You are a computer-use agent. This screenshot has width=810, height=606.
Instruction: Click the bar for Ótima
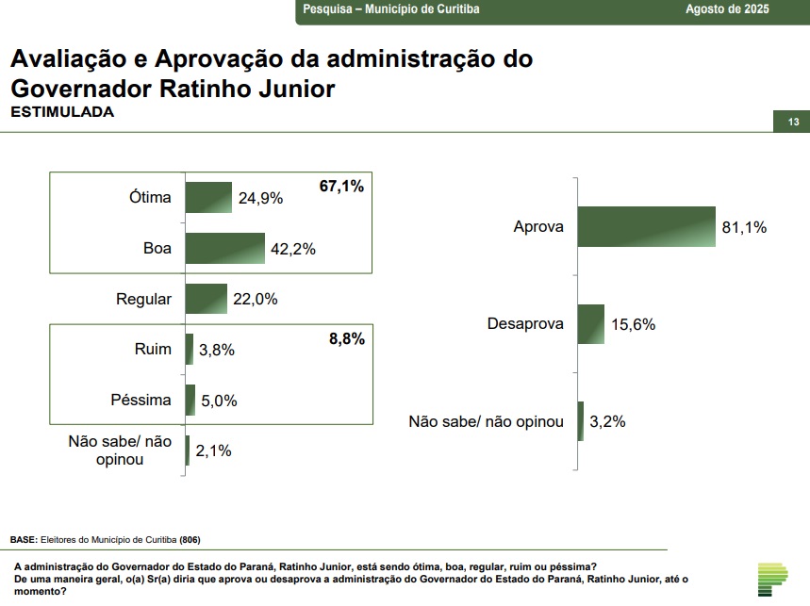pyautogui.click(x=208, y=197)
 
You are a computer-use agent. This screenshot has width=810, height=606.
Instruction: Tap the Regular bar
pyautogui.click(x=207, y=299)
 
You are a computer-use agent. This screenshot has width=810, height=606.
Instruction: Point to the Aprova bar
pyautogui.click(x=647, y=226)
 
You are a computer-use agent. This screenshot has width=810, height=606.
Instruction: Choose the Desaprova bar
pyautogui.click(x=590, y=324)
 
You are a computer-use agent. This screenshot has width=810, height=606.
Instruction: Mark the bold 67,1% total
pyautogui.click(x=341, y=187)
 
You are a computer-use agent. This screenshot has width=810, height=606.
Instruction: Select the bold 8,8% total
pyautogui.click(x=346, y=339)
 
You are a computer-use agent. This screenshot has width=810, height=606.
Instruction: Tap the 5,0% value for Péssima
pyautogui.click(x=218, y=401)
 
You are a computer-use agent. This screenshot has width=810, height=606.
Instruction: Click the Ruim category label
pyautogui.click(x=153, y=350)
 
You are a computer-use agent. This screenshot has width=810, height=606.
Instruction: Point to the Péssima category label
pyautogui.click(x=141, y=400)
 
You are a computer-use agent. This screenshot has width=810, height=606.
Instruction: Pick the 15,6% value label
pyautogui.click(x=634, y=324)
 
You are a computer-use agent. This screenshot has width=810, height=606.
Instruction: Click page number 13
pyautogui.click(x=793, y=123)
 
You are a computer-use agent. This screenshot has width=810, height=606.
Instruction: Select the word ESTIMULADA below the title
pyautogui.click(x=62, y=111)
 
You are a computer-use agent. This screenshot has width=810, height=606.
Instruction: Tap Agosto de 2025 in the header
pyautogui.click(x=727, y=9)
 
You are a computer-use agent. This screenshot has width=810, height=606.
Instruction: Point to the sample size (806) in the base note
pyautogui.click(x=190, y=540)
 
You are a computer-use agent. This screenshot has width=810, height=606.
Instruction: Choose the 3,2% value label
pyautogui.click(x=608, y=421)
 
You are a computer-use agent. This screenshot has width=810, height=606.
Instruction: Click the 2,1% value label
pyautogui.click(x=213, y=450)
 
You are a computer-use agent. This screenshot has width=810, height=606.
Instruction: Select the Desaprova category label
pyautogui.click(x=525, y=324)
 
